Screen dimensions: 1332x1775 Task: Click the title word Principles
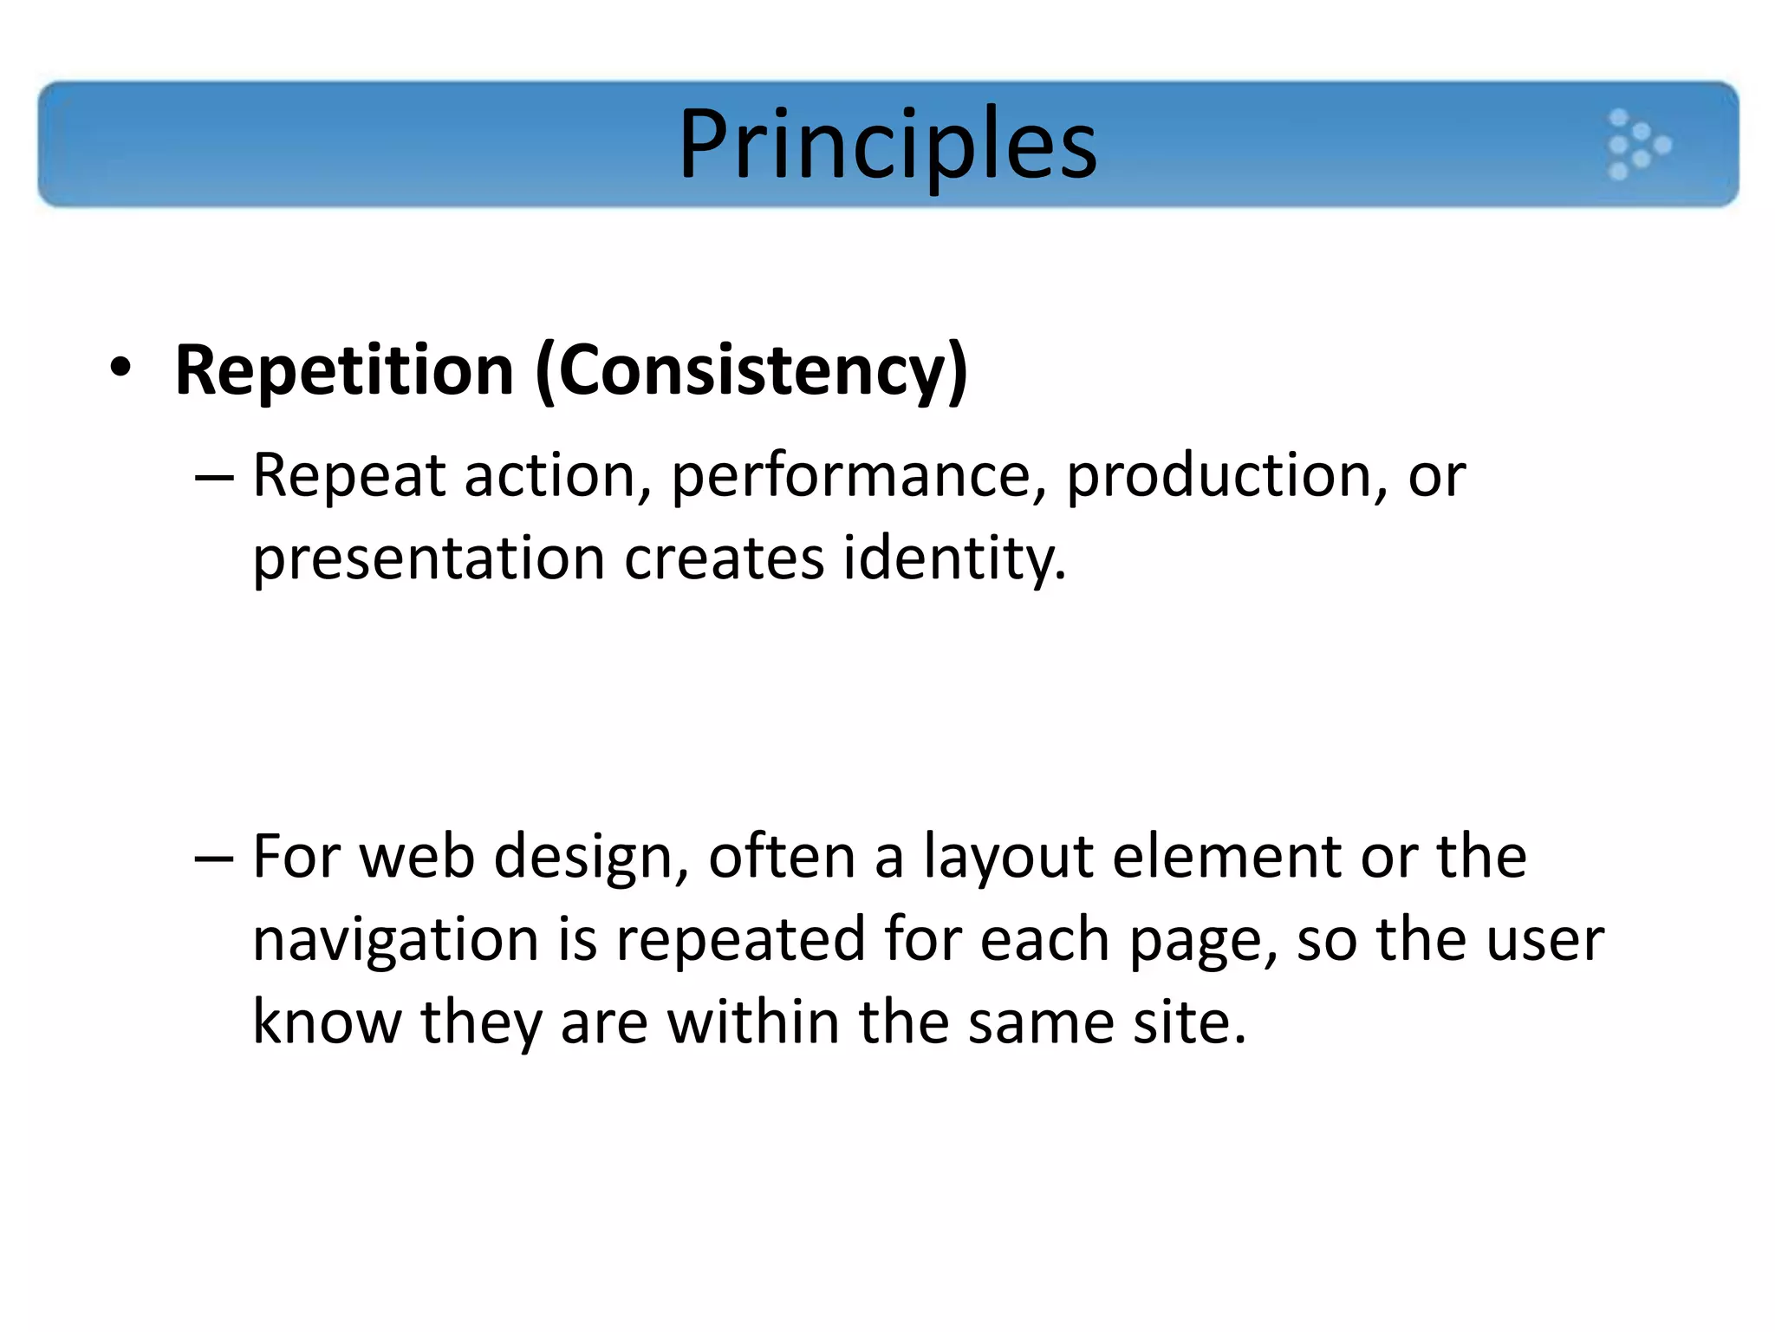(887, 144)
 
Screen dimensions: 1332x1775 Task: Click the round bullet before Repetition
(120, 368)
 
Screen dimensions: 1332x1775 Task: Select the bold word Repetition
(344, 370)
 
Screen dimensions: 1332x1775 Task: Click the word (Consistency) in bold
(751, 370)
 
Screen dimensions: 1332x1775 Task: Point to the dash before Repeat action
(214, 477)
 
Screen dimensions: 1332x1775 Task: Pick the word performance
(858, 477)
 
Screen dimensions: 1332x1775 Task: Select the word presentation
(428, 558)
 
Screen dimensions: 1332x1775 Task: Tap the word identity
(953, 558)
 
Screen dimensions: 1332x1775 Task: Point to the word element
(1226, 857)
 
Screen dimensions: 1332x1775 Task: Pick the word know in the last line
(327, 1022)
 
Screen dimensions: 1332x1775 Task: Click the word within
(752, 1022)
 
